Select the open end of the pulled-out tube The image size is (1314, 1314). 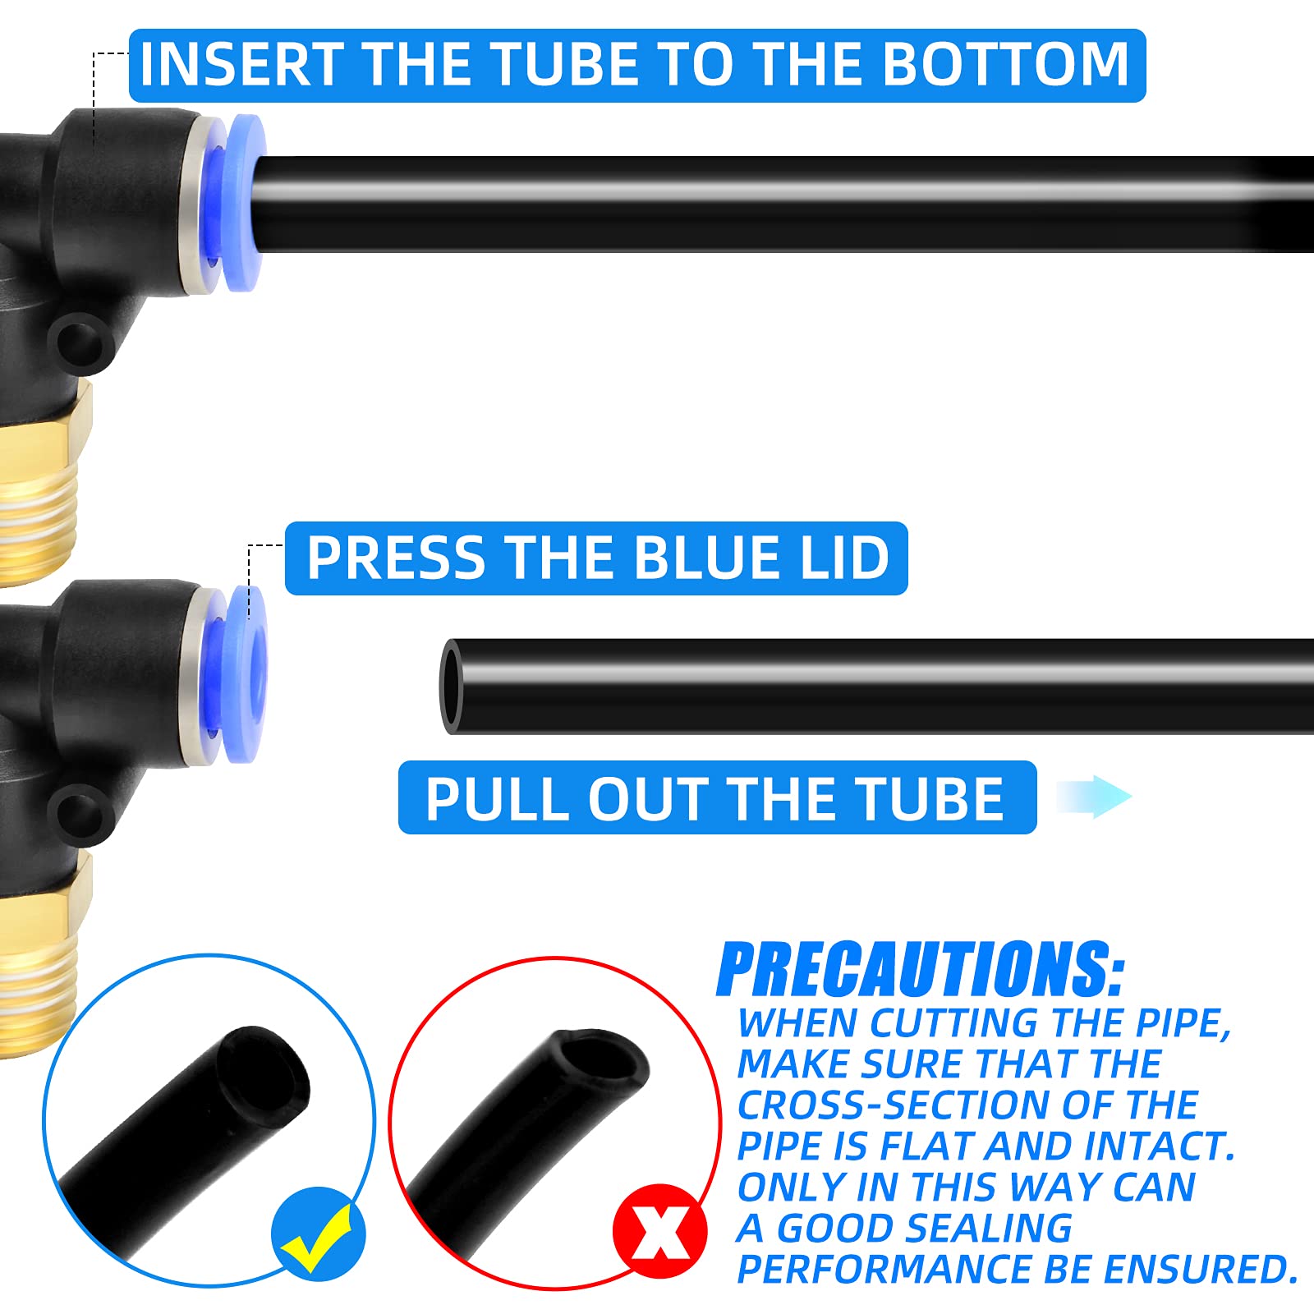click(452, 687)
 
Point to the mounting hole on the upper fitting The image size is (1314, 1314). click(80, 339)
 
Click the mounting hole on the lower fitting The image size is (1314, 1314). click(80, 810)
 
